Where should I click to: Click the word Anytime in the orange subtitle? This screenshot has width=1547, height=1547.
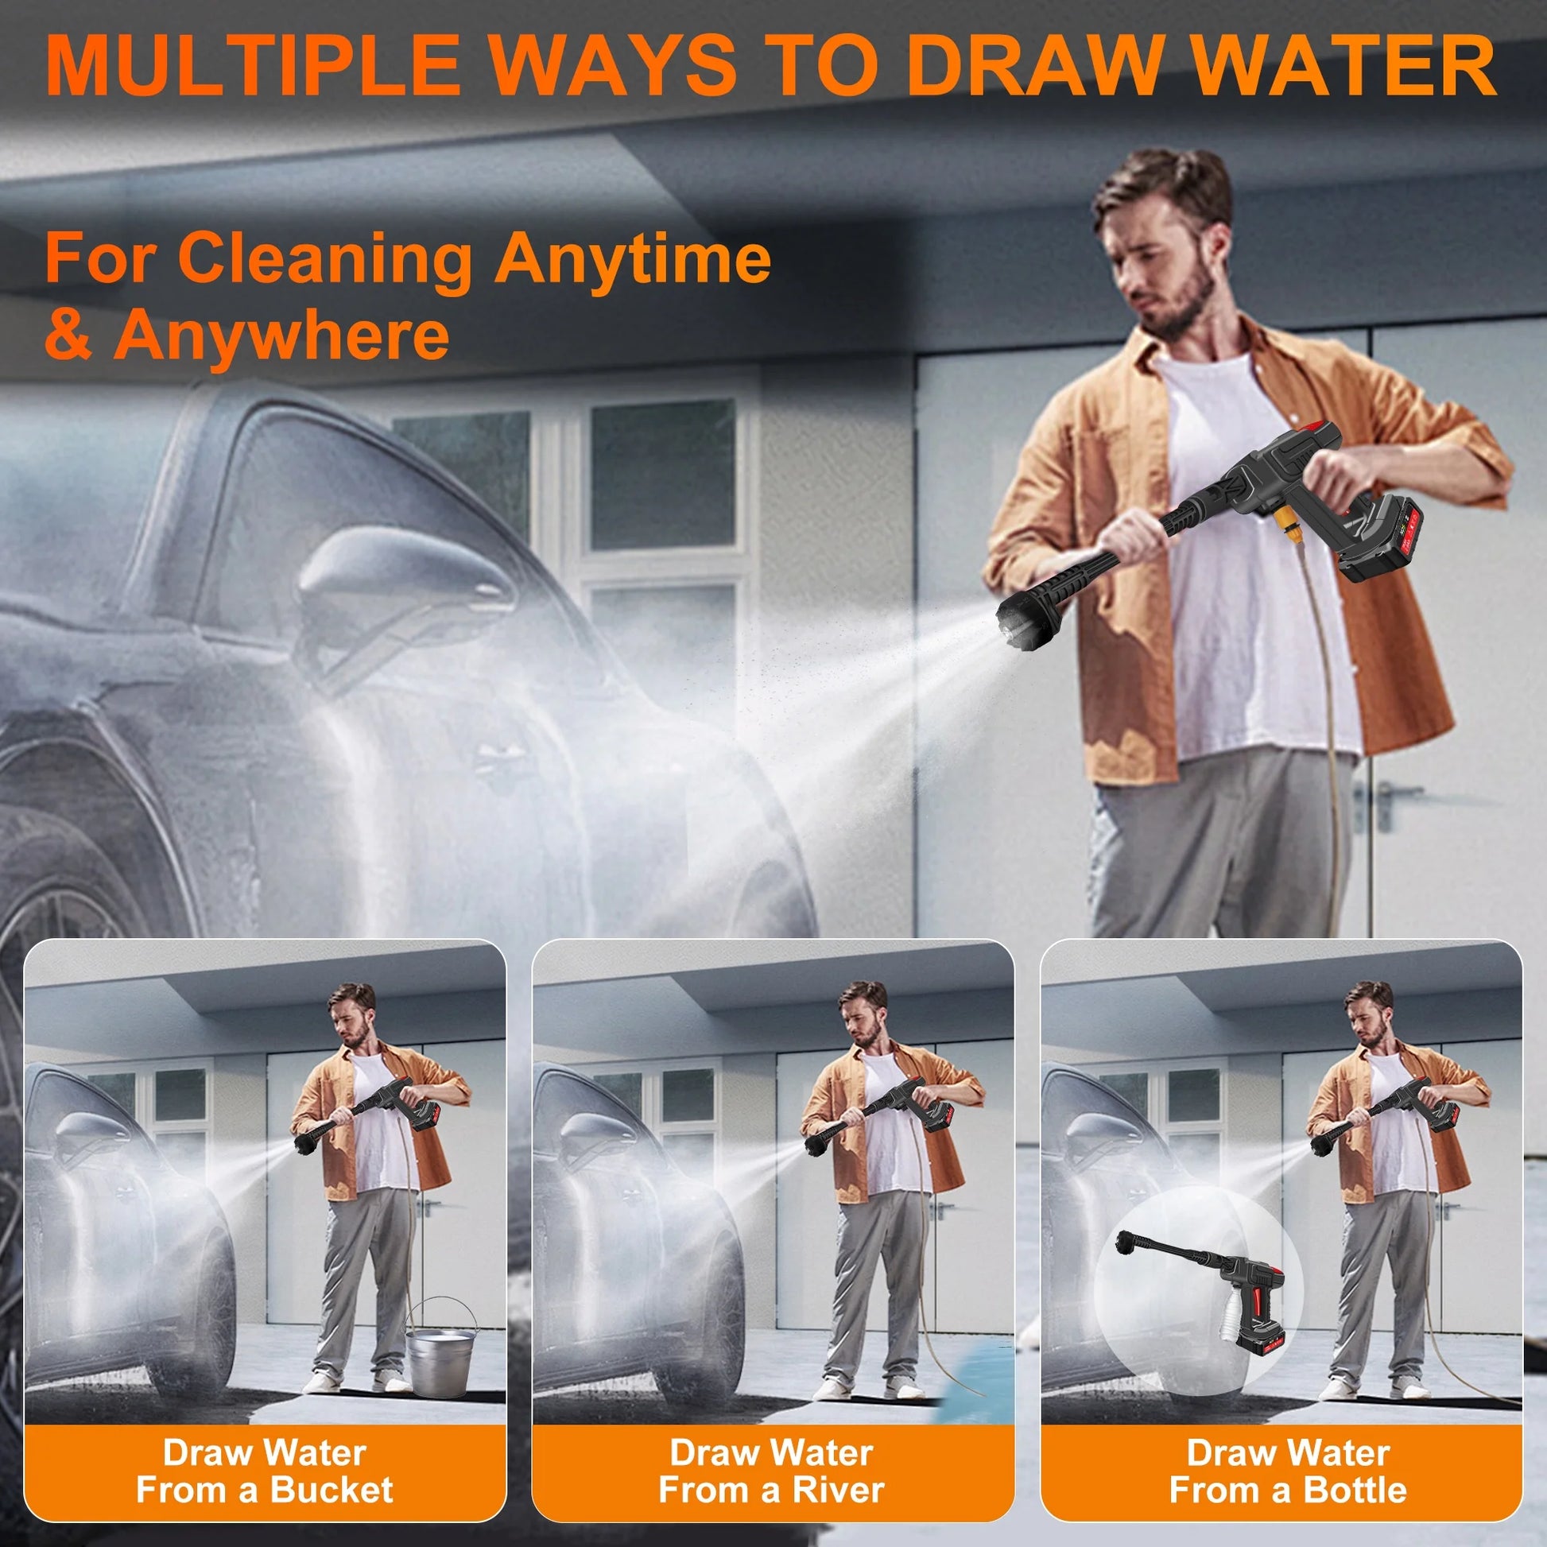coord(633,258)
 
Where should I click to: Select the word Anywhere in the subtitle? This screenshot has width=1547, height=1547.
coord(281,335)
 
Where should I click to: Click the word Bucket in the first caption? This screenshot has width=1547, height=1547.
coord(331,1467)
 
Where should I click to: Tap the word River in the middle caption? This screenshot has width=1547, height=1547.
coord(839,1467)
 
